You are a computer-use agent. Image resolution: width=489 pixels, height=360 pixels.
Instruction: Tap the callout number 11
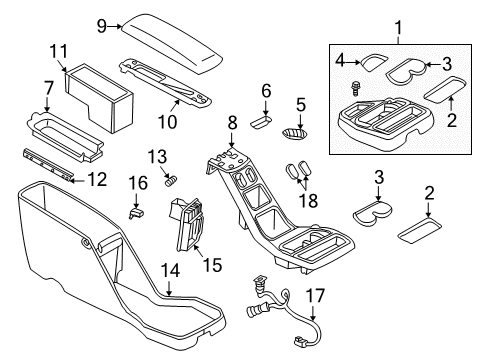tap(59, 51)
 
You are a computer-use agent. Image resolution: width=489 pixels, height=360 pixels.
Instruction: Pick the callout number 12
tap(96, 179)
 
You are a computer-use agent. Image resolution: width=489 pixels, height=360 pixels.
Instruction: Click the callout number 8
tap(232, 124)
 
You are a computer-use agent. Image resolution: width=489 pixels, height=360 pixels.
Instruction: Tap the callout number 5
tap(301, 104)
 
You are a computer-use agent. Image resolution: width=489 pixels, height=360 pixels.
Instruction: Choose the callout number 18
tap(308, 200)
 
